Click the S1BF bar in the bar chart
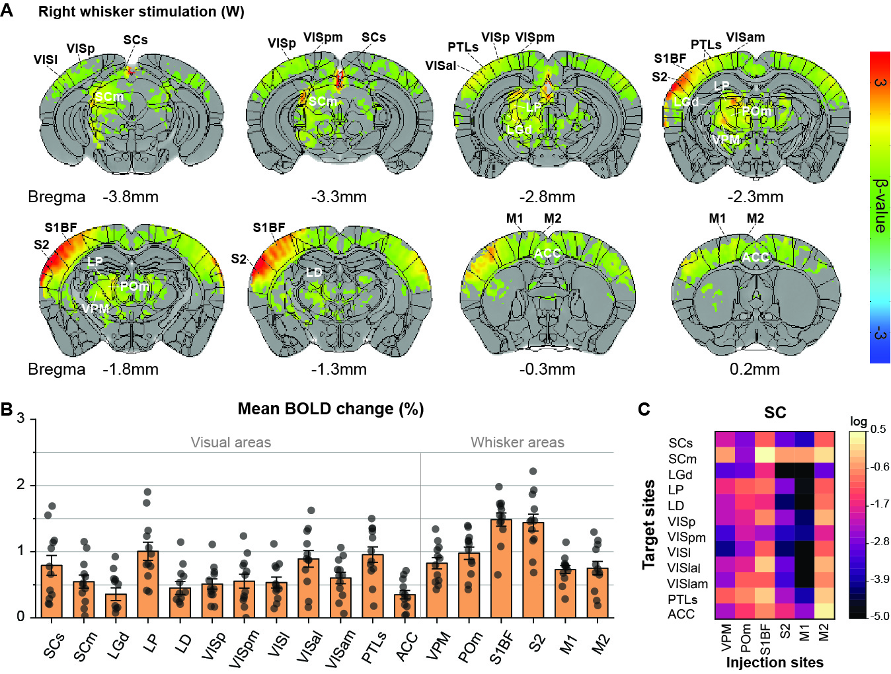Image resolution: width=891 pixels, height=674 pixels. pos(501,568)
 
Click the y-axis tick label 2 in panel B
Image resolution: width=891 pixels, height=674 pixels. pos(21,485)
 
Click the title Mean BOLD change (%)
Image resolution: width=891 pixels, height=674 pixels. pos(330,409)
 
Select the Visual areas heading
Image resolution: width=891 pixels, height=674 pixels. pos(231,443)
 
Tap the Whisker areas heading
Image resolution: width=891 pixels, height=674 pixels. pos(517,443)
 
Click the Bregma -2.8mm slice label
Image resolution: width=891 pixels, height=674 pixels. pos(547,197)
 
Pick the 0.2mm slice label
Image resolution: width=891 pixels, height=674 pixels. pos(754,369)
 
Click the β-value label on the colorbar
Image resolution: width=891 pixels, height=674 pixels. pos(880,205)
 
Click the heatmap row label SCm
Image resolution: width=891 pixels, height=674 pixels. pos(682,459)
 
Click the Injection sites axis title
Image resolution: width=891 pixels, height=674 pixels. pos(775,662)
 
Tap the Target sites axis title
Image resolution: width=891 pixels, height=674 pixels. pos(649,524)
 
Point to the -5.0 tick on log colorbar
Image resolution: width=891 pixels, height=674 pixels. pos(880,616)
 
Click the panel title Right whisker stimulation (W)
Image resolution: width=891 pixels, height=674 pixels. pos(141,12)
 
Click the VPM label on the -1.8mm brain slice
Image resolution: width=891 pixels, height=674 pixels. pos(95,309)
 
